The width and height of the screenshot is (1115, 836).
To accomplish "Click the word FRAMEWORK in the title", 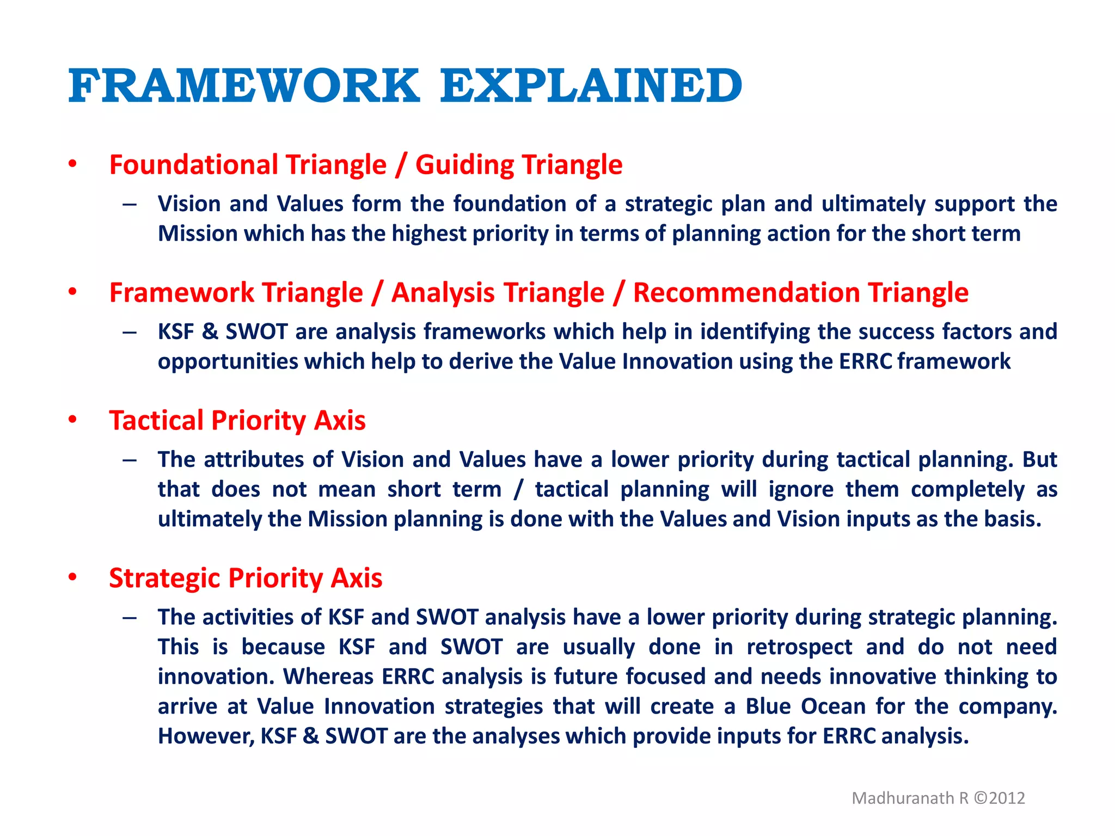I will click(x=244, y=86).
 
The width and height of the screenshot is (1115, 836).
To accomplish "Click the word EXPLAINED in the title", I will click(x=591, y=86).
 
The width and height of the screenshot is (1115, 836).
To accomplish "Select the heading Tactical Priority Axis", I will click(x=237, y=421).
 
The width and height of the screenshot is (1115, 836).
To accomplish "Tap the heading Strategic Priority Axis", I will click(x=246, y=578).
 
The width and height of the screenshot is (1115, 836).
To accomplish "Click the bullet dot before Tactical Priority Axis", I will click(x=72, y=420).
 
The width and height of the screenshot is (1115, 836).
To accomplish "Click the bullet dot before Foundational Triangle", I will click(x=72, y=164).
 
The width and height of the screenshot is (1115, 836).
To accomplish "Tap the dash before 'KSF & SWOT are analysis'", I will click(x=130, y=332).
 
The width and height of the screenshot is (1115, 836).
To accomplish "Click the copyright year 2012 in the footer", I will click(x=1007, y=798).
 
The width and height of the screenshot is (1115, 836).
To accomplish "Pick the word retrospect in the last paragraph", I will click(x=799, y=647).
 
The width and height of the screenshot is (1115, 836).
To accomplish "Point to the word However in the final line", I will click(x=205, y=736).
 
